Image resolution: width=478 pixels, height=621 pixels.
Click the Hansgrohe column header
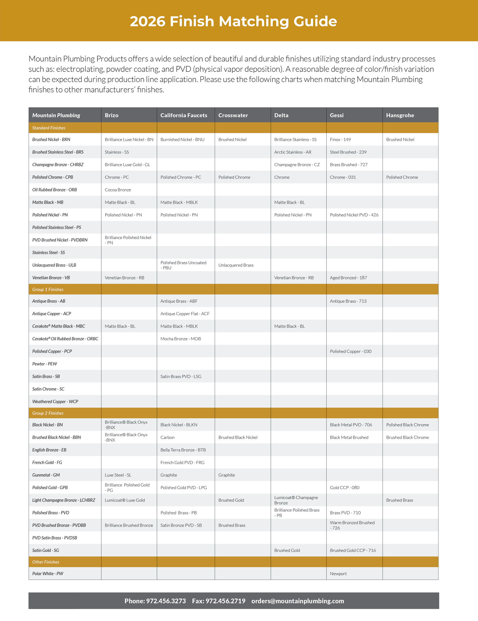click(400, 115)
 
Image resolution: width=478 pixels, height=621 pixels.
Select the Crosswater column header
click(233, 115)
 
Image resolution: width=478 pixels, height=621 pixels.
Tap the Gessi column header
click(337, 115)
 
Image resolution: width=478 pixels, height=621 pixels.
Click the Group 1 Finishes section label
click(48, 290)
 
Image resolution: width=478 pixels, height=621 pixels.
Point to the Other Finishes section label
click(46, 562)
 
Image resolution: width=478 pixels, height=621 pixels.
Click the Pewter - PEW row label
click(45, 364)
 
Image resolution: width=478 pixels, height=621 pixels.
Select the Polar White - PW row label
click(48, 574)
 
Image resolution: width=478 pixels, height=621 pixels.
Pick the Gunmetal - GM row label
click(46, 475)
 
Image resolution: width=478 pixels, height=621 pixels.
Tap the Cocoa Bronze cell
click(118, 190)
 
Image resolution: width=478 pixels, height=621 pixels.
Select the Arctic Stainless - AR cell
click(293, 152)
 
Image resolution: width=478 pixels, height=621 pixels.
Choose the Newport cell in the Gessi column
click(338, 574)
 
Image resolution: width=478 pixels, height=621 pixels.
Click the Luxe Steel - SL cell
click(118, 475)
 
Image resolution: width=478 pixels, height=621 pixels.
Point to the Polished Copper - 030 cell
click(350, 351)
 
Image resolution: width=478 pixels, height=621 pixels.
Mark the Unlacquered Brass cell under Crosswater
click(236, 265)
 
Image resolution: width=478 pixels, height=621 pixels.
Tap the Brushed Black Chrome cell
click(407, 437)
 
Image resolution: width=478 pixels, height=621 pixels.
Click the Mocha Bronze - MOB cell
click(181, 339)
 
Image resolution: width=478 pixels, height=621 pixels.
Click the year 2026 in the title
click(148, 21)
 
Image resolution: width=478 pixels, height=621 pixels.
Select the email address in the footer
click(297, 601)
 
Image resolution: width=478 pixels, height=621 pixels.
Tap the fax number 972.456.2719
click(225, 601)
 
